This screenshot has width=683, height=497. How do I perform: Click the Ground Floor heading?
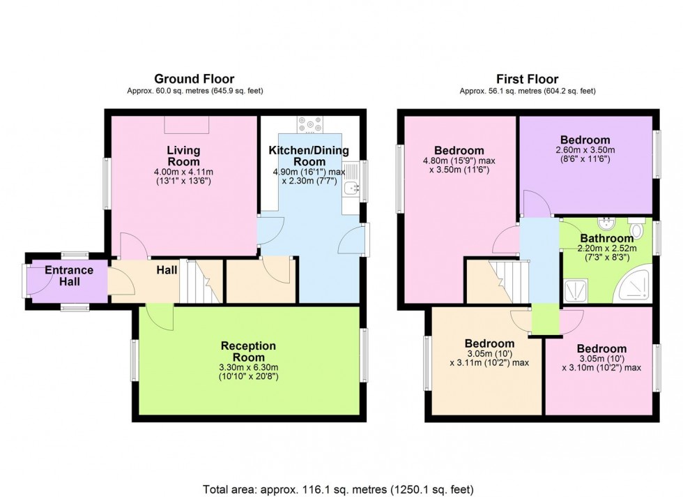point(194,79)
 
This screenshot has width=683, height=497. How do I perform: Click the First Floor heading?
point(527,79)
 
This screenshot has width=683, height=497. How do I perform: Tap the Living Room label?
point(183,156)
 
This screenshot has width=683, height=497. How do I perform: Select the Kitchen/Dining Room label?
point(309,156)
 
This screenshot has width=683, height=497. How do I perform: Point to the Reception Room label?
point(248,351)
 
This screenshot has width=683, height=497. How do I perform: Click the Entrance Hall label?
point(69,276)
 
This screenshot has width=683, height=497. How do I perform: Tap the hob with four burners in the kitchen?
point(310,124)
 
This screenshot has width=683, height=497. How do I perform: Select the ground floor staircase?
point(201,281)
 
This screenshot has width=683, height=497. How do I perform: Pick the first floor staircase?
point(508,282)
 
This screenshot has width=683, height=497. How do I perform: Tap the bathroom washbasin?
point(606,224)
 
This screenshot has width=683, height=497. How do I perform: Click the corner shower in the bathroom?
point(633,285)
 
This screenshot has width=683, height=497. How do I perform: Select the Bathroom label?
point(607,238)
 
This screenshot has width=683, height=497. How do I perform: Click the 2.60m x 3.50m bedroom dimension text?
point(585,150)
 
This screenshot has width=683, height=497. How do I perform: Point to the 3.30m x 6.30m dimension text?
point(248,367)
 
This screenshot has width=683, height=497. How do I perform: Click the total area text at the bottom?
point(338,489)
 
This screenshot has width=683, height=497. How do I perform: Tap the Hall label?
point(167,270)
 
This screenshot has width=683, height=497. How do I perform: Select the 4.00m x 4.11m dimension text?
point(183,172)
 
